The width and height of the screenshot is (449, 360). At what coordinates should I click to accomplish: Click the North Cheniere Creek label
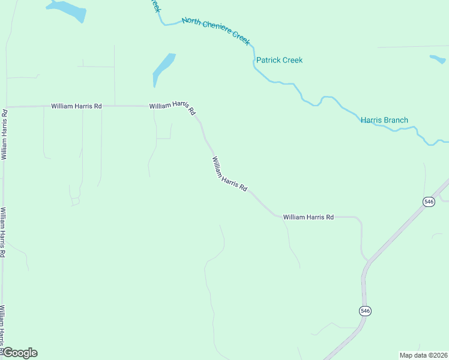[215, 29]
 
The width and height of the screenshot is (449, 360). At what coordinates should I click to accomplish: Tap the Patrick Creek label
[279, 60]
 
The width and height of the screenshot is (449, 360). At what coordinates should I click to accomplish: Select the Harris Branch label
[384, 120]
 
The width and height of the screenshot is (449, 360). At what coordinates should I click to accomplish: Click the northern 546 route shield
[428, 202]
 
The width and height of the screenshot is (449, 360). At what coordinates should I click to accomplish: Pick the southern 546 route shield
[366, 310]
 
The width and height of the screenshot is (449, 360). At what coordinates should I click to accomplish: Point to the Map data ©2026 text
[423, 355]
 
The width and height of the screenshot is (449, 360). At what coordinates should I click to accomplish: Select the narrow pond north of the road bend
[163, 68]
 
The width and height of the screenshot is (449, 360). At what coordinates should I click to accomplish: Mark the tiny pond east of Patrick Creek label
[438, 59]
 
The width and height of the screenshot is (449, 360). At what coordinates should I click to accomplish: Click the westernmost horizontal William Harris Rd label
[76, 106]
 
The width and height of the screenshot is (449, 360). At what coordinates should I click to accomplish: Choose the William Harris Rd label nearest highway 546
[308, 217]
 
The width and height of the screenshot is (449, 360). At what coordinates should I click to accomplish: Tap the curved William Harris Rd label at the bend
[173, 107]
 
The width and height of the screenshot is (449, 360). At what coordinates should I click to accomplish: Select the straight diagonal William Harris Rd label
[229, 175]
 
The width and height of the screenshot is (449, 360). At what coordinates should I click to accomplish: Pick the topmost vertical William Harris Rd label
[5, 134]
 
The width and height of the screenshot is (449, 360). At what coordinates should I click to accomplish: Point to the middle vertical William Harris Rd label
[3, 232]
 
